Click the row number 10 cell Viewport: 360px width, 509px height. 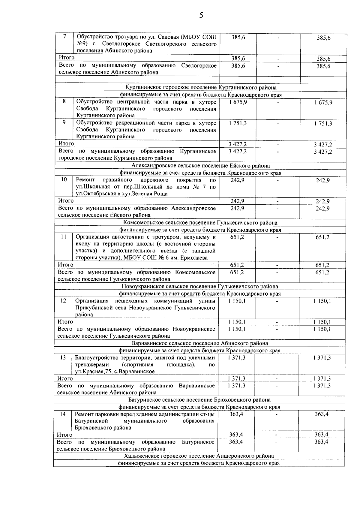point(64,179)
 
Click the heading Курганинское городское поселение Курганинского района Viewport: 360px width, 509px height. point(201,88)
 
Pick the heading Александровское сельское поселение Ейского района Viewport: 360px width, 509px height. point(200,166)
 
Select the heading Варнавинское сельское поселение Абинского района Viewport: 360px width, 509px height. point(199,343)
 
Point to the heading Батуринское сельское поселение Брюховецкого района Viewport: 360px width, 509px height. point(199,400)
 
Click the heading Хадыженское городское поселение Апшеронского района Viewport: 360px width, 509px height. point(199,456)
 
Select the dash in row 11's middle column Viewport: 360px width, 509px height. point(277,237)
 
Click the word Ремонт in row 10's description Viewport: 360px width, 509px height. point(85,180)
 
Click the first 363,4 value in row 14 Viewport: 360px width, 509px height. point(236,414)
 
